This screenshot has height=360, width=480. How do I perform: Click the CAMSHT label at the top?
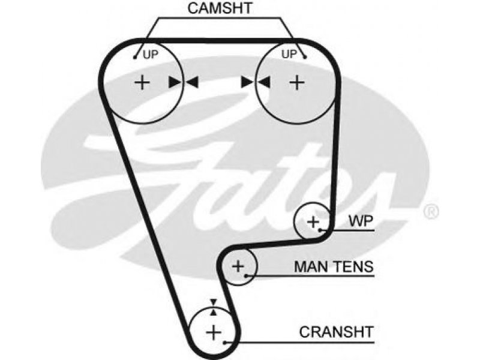(220, 8)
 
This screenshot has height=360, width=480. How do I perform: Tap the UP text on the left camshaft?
(151, 55)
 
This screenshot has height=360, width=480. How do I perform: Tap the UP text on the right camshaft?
(289, 54)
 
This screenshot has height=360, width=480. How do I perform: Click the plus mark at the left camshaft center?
(142, 82)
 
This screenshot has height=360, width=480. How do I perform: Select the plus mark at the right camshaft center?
(297, 82)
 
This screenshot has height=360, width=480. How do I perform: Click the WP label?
(361, 221)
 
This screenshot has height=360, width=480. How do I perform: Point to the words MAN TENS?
(334, 266)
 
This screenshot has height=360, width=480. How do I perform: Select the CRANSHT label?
(337, 332)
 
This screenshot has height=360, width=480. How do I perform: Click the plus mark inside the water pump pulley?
(313, 221)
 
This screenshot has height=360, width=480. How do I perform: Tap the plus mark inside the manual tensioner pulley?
(238, 266)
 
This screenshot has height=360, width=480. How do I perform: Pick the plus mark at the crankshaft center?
(214, 332)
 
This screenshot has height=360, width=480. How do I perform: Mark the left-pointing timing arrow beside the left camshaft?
(191, 82)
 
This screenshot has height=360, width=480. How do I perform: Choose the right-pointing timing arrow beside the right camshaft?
(247, 82)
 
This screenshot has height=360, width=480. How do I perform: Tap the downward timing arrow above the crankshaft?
(214, 302)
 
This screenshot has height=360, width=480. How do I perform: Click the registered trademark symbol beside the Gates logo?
(431, 212)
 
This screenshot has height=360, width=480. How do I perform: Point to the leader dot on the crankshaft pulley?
(225, 343)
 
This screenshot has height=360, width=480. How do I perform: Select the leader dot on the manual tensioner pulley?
(247, 276)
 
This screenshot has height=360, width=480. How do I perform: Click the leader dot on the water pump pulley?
(320, 230)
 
